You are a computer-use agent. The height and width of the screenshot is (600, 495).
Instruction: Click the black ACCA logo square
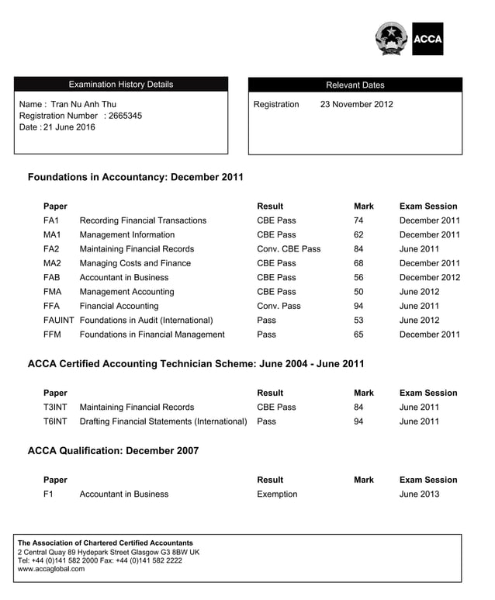427,39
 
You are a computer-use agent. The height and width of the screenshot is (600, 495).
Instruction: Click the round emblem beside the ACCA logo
392,39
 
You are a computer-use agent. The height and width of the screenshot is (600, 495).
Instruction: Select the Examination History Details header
121,85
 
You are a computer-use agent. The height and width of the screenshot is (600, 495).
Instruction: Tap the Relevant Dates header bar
355,85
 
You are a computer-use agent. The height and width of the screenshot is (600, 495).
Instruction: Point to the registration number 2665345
125,116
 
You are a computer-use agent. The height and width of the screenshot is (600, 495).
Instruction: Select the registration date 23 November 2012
356,104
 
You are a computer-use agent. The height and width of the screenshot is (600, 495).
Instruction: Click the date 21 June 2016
69,127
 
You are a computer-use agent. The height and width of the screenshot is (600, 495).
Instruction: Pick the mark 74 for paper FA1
358,220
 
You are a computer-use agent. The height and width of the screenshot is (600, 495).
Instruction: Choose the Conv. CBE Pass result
288,249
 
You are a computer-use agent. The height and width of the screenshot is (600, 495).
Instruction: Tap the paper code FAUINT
58,320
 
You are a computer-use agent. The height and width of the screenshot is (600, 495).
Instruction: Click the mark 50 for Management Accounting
358,292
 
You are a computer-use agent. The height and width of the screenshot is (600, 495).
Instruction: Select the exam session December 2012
429,277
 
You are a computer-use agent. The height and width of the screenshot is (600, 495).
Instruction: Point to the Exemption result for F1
277,494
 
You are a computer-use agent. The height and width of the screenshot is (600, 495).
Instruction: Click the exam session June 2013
419,494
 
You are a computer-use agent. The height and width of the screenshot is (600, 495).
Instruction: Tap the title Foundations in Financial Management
152,335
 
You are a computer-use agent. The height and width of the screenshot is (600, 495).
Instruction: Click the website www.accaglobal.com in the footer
51,569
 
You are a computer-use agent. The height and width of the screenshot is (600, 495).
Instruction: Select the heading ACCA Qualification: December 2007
113,450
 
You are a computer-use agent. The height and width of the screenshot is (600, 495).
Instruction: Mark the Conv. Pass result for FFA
279,306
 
